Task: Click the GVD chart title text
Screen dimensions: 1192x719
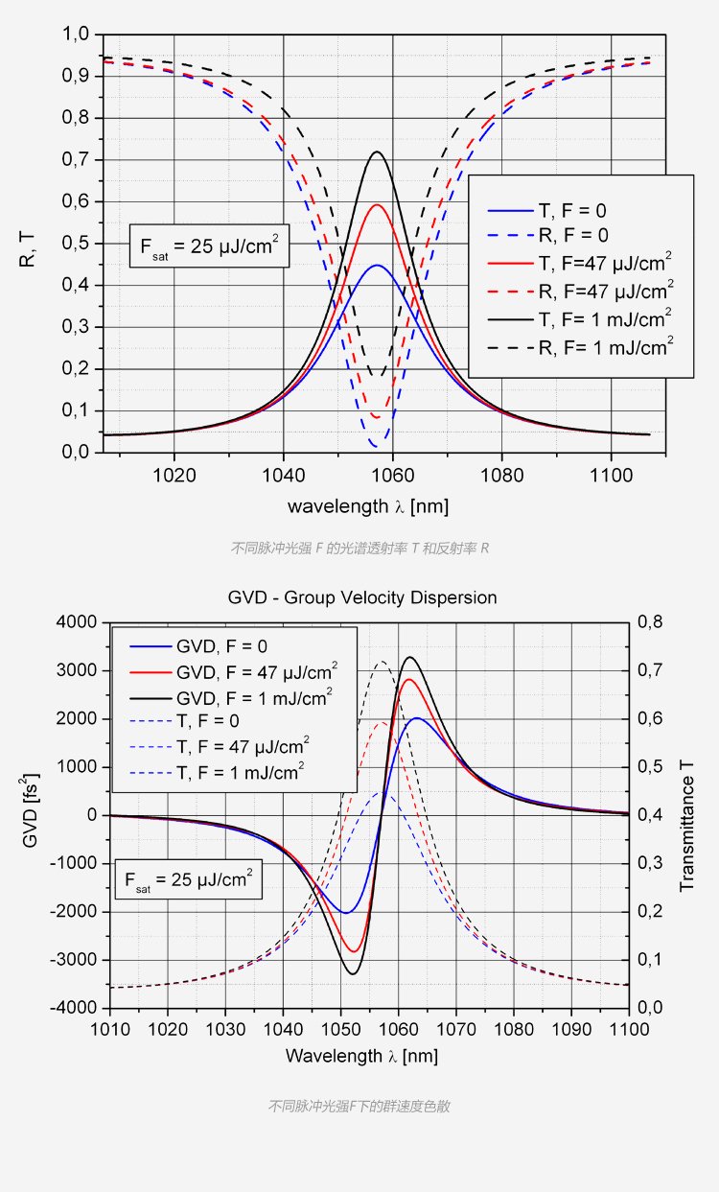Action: pyautogui.click(x=362, y=597)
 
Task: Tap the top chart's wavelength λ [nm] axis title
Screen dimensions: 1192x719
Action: pyautogui.click(x=367, y=505)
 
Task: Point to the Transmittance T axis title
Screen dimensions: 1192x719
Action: pyautogui.click(x=686, y=815)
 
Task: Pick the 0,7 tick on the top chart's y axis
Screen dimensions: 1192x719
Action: pyautogui.click(x=77, y=160)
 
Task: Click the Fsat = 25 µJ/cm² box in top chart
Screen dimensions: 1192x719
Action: pyautogui.click(x=209, y=246)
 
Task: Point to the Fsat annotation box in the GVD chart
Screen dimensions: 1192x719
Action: pyautogui.click(x=187, y=879)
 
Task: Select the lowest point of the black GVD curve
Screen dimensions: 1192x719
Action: pyautogui.click(x=353, y=974)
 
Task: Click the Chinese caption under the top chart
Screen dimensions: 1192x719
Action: pyautogui.click(x=360, y=549)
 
